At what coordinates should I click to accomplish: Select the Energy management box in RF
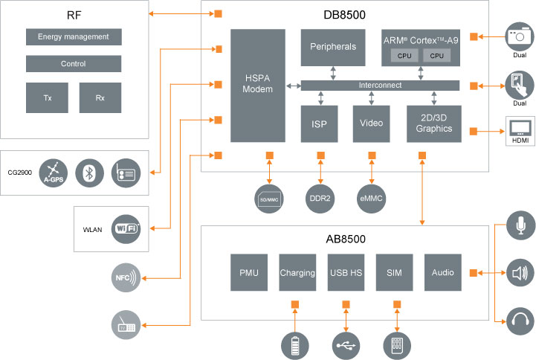click(74, 37)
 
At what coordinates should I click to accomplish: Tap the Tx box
click(48, 97)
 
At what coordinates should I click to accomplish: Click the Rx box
click(100, 97)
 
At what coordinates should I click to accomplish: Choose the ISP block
click(320, 123)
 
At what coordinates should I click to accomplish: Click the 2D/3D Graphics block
click(434, 123)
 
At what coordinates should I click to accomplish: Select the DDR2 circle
click(320, 198)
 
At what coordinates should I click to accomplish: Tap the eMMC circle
click(372, 198)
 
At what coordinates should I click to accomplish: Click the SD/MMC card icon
click(269, 198)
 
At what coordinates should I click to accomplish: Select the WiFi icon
click(126, 228)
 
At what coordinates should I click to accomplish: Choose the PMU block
click(248, 273)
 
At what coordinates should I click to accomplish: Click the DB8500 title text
click(344, 15)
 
